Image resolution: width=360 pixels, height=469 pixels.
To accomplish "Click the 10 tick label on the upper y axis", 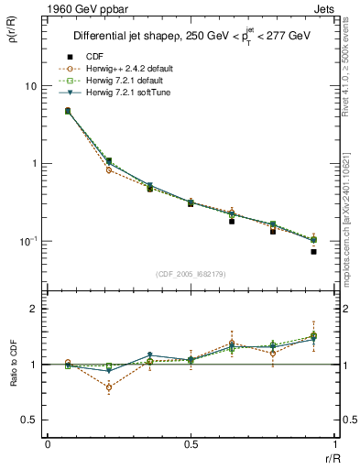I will coord(29,86).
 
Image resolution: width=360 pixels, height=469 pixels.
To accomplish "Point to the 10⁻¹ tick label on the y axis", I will coord(27,241).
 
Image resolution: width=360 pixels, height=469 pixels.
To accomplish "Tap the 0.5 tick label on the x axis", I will coord(191,443).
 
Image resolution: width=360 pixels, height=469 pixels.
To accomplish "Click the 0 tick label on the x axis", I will coord(48,443).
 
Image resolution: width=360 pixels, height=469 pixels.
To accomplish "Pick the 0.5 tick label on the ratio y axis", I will coord(29,420).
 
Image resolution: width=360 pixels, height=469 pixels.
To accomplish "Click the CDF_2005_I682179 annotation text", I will coord(191,275).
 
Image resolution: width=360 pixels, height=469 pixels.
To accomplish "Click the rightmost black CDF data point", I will coord(313,251).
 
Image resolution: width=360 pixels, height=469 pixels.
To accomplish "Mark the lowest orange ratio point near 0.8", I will coord(110,387).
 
